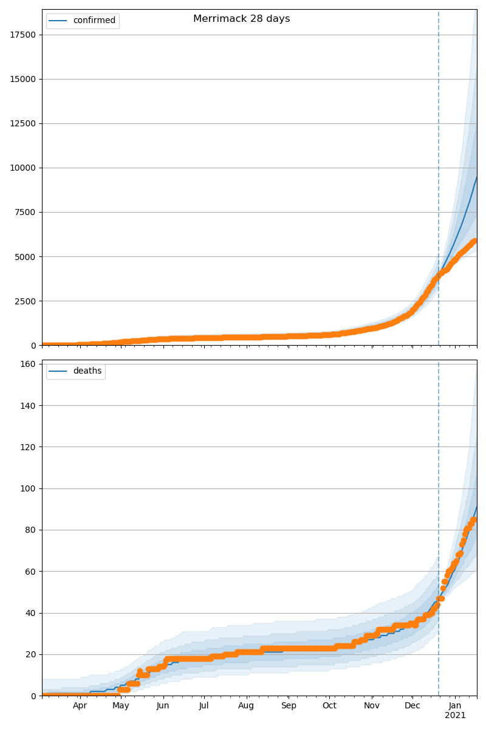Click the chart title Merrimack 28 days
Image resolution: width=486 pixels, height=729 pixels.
241,19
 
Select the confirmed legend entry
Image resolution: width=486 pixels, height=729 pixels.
94,21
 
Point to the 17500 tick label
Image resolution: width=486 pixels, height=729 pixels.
23,35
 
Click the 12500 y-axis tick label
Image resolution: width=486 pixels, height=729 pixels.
23,123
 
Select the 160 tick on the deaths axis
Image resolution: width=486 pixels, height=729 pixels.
28,364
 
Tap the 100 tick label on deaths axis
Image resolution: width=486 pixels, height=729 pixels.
28,488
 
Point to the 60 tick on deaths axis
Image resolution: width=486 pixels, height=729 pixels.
30,571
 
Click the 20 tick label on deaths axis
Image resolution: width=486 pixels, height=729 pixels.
30,654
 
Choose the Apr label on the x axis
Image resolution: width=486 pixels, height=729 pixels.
80,705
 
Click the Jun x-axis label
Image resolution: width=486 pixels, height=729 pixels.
163,705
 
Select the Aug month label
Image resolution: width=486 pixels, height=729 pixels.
246,705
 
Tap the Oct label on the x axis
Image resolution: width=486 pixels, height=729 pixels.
329,705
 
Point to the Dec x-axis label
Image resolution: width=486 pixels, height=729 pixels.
412,705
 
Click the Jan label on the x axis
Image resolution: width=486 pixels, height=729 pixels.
455,705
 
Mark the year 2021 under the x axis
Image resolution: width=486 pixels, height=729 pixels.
455,715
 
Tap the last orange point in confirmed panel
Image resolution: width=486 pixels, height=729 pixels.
475,241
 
